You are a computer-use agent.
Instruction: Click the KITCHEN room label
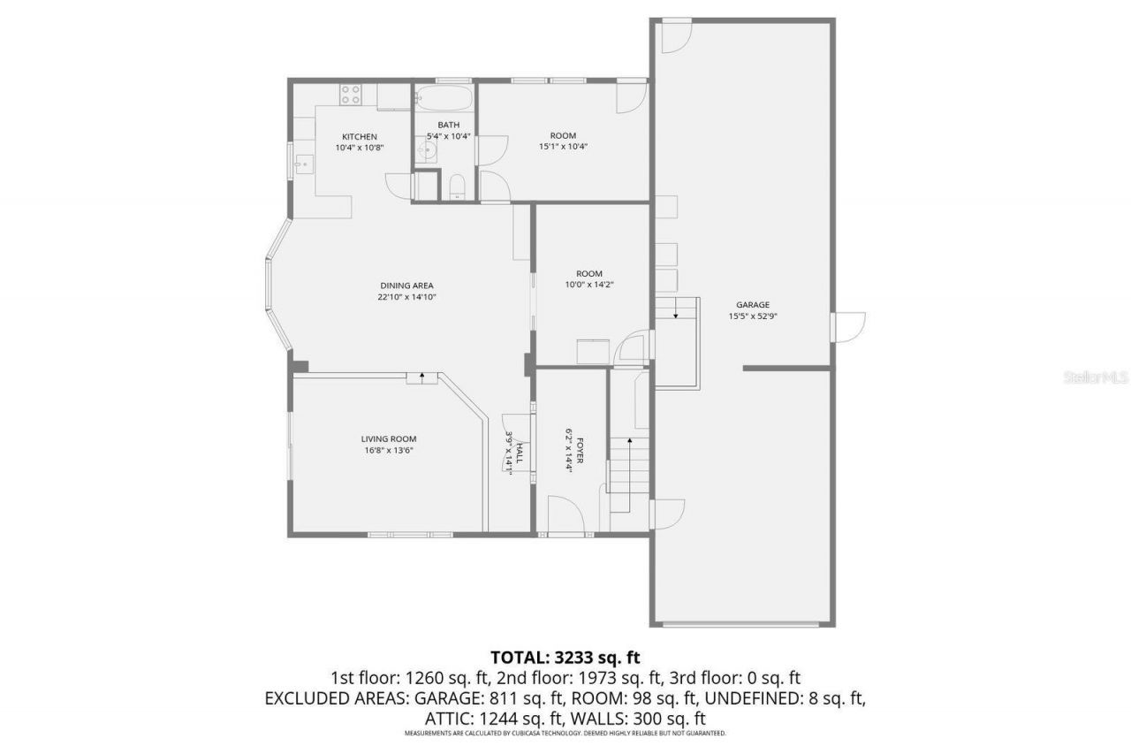pyautogui.click(x=360, y=136)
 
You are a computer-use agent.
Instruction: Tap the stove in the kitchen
pyautogui.click(x=351, y=94)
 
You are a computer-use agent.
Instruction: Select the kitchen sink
pyautogui.click(x=303, y=164)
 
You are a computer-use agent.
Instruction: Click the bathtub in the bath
pyautogui.click(x=444, y=96)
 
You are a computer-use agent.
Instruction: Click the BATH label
pyautogui.click(x=448, y=125)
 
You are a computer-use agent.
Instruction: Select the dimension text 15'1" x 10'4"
pyautogui.click(x=564, y=147)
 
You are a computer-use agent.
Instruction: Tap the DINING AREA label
pyautogui.click(x=406, y=286)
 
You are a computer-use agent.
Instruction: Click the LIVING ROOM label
pyautogui.click(x=388, y=438)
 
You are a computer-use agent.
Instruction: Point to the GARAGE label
pyautogui.click(x=753, y=305)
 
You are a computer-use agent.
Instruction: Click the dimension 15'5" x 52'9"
pyautogui.click(x=753, y=316)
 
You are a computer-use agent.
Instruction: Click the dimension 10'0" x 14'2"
pyautogui.click(x=589, y=285)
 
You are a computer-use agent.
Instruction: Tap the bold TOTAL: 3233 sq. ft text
pyautogui.click(x=565, y=658)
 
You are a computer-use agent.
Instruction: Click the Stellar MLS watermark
pyautogui.click(x=1097, y=377)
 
